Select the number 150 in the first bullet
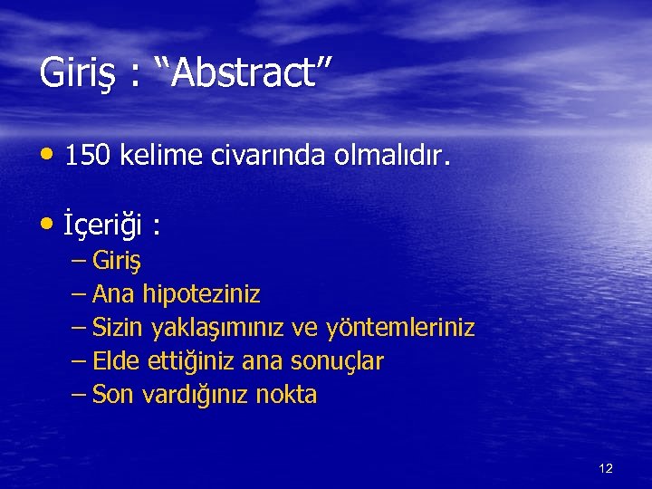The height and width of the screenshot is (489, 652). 87,158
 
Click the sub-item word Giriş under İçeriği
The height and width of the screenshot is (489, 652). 123,263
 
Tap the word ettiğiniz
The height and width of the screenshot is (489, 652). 190,361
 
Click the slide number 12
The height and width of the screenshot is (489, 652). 606,468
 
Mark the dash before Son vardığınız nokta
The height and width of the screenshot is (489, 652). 79,394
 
